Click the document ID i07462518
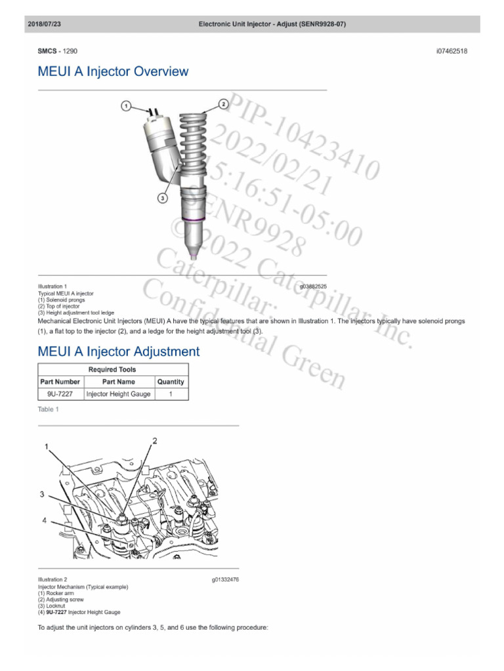coord(451,50)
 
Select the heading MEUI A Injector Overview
coord(114,71)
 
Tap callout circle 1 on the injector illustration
coord(127,105)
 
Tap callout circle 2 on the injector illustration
coord(223,104)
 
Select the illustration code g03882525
coord(313,286)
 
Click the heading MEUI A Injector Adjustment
coord(119,352)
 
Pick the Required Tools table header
coord(114,370)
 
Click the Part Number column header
coord(60,381)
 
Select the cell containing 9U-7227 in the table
coord(60,394)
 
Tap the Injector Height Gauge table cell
coord(118,394)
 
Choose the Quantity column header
coord(171,381)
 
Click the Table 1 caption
coord(49,410)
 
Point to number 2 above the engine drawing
coord(156,441)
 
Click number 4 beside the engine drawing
coord(45,520)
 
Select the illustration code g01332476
coord(224,580)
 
